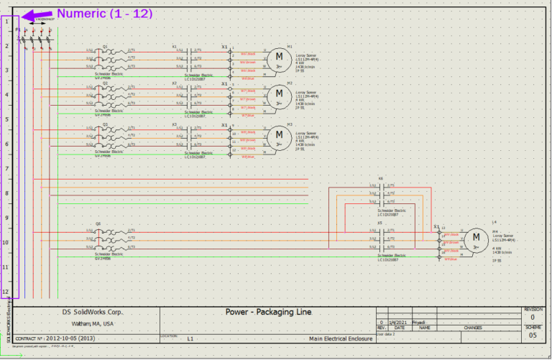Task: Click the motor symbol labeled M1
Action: (x=280, y=59)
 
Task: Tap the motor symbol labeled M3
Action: (x=280, y=137)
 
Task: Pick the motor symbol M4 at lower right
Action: (x=475, y=239)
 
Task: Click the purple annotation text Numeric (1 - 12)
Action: (x=104, y=13)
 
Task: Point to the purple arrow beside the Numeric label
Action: (x=37, y=14)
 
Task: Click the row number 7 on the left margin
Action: (x=6, y=168)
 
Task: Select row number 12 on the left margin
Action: (x=6, y=292)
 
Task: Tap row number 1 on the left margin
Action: (x=6, y=22)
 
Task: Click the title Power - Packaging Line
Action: (x=268, y=313)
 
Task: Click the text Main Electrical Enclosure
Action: (x=341, y=338)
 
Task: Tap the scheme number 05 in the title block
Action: (x=532, y=336)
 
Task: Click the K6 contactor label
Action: (x=380, y=177)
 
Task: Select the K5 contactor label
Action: (x=380, y=223)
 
